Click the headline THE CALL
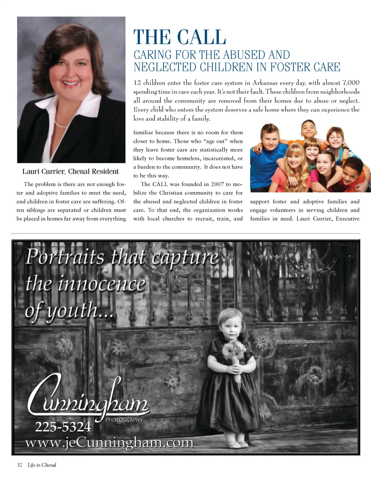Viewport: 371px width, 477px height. pos(180,38)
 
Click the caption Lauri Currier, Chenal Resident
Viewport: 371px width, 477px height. pos(71,171)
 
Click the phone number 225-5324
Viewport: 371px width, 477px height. pos(63,427)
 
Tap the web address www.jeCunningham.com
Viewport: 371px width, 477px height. pos(110,442)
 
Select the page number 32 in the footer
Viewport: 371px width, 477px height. pos(20,465)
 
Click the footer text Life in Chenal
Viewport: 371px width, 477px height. pos(42,465)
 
